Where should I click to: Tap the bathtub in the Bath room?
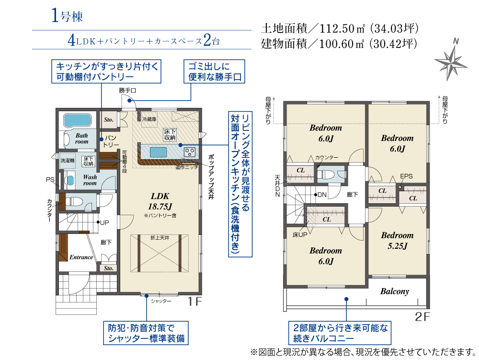[x=78, y=120]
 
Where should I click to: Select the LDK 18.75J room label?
[x=160, y=201]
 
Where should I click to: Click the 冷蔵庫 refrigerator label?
[x=149, y=119]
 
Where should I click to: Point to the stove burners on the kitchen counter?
[x=190, y=151]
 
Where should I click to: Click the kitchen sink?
[x=158, y=152]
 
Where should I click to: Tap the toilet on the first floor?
[x=73, y=201]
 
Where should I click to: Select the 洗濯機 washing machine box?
[x=68, y=161]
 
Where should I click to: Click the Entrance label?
[x=81, y=257]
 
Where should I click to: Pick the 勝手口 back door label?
[x=127, y=91]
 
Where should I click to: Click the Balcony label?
[x=394, y=291]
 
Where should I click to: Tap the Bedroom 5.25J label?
[x=397, y=240]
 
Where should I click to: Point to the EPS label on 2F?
[x=406, y=176]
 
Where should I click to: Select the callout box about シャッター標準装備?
[x=146, y=333]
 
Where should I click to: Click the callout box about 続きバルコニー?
[x=340, y=333]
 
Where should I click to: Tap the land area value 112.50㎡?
[x=342, y=29]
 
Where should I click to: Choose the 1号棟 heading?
[x=67, y=15]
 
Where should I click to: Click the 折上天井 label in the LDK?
[x=160, y=237]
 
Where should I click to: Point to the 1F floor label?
[x=194, y=302]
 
